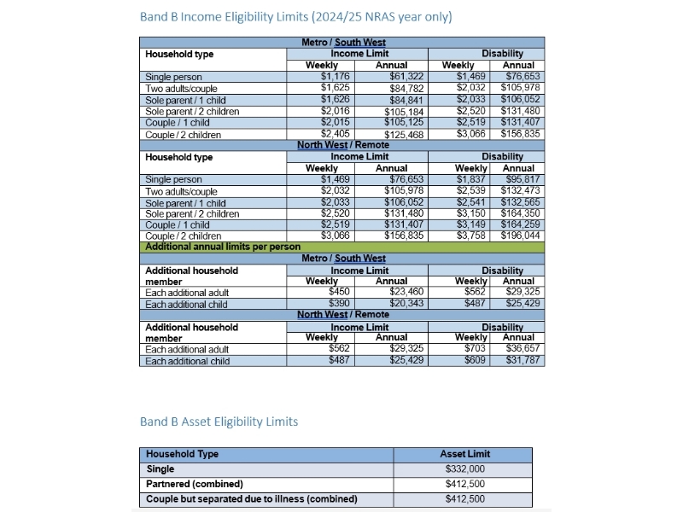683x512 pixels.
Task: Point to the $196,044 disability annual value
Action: (519, 236)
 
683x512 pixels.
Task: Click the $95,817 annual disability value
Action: (521, 179)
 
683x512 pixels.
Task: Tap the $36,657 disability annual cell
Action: (521, 349)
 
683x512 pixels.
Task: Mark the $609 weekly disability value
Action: (474, 360)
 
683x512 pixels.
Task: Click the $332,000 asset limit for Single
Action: (465, 468)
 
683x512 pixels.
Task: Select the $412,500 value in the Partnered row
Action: (465, 484)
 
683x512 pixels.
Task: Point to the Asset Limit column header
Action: (465, 454)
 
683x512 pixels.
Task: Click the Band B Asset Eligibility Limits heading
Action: (219, 422)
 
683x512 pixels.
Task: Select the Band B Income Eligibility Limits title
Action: (295, 17)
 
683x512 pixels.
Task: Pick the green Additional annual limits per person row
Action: (341, 247)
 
